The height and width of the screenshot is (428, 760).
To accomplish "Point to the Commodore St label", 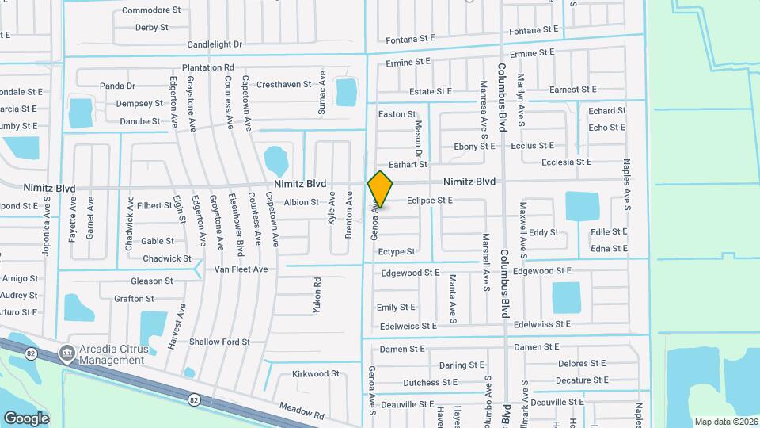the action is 150,11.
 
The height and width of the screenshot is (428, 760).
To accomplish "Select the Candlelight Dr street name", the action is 215,44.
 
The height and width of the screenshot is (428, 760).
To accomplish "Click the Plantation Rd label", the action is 208,68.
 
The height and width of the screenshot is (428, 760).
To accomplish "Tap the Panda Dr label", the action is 117,86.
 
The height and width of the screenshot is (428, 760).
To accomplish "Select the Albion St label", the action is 301,203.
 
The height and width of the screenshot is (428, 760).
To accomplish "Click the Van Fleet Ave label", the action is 241,269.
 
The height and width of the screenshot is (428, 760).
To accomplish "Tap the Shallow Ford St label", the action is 219,342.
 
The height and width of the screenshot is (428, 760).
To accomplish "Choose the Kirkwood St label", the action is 315,373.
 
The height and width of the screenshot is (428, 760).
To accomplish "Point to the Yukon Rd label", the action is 317,295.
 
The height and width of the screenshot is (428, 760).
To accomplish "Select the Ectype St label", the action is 396,252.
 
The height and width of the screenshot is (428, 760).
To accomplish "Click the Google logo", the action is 26,418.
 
